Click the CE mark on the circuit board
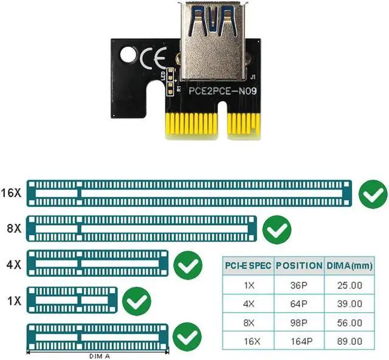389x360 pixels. click(x=151, y=60)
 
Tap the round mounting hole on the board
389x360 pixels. click(x=129, y=56)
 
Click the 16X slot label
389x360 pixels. click(x=11, y=194)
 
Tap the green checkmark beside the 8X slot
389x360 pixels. click(x=278, y=229)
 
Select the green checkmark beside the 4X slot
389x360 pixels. click(x=188, y=265)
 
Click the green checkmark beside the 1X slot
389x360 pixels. click(x=136, y=301)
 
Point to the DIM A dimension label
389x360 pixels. click(x=97, y=356)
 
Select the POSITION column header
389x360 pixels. click(x=298, y=265)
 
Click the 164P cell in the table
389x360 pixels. click(x=298, y=342)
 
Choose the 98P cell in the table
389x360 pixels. click(x=298, y=322)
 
